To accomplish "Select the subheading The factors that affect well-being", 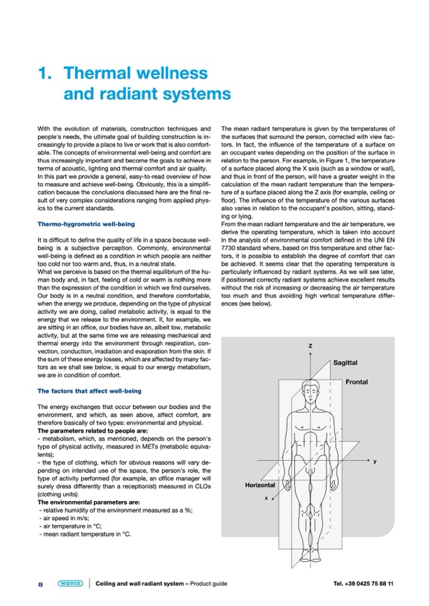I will tap(89, 391).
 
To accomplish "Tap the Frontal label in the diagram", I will tap(357, 382).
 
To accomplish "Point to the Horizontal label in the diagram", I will tap(260, 485).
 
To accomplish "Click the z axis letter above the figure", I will tap(310, 347).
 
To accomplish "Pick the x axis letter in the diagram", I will tap(266, 498).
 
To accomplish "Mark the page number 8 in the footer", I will tap(40, 584).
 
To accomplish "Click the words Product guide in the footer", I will tap(206, 584).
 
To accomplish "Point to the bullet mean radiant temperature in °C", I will tap(85, 535).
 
